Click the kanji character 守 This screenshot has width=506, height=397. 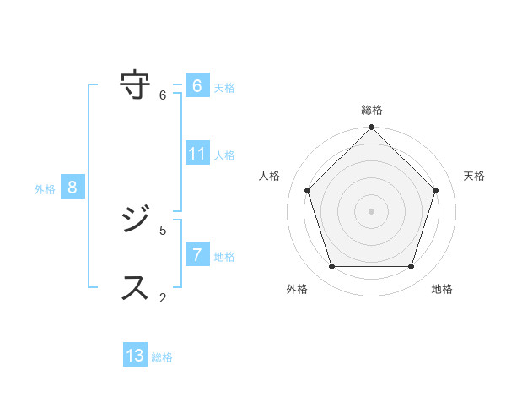pyautogui.click(x=136, y=86)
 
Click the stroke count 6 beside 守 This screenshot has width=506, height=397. pyautogui.click(x=164, y=95)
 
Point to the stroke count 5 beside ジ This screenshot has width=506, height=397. pyautogui.click(x=164, y=230)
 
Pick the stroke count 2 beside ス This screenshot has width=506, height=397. pyautogui.click(x=164, y=297)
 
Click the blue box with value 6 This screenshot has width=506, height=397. pyautogui.click(x=196, y=86)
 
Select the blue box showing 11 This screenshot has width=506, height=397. pyautogui.click(x=196, y=154)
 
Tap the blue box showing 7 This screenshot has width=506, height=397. pyautogui.click(x=196, y=255)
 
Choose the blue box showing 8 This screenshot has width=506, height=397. pyautogui.click(x=73, y=188)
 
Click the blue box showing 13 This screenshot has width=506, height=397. pyautogui.click(x=135, y=356)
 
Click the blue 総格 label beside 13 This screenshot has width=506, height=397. pyautogui.click(x=162, y=357)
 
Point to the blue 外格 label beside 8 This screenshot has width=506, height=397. pyautogui.click(x=45, y=189)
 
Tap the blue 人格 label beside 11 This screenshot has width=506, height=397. pyautogui.click(x=224, y=155)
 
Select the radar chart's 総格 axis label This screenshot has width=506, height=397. pyautogui.click(x=372, y=110)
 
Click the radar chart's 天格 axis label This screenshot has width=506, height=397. pyautogui.click(x=474, y=176)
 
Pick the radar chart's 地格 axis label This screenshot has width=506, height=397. pyautogui.click(x=442, y=289)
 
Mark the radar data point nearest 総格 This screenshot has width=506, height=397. pyautogui.click(x=372, y=128)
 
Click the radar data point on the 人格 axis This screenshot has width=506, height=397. pyautogui.click(x=308, y=190)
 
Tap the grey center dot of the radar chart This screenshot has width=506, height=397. pyautogui.click(x=372, y=210)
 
